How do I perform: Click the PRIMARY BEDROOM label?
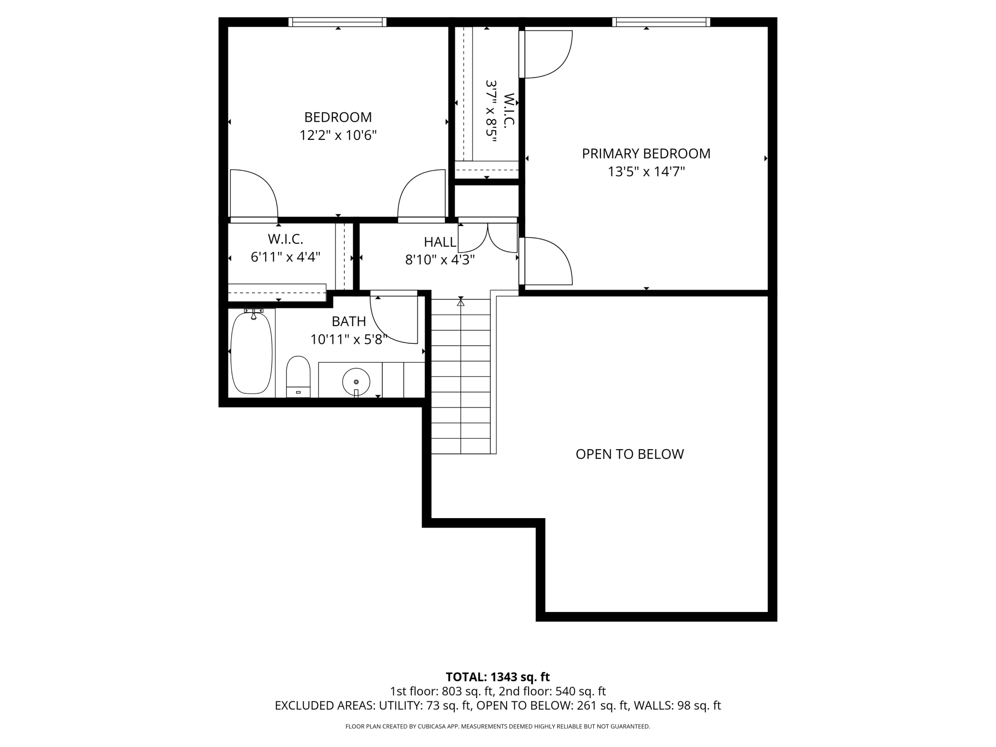[646, 154]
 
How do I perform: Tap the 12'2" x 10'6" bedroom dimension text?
[338, 136]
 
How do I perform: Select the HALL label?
[440, 242]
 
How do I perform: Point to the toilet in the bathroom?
[298, 376]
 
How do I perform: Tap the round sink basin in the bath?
[356, 382]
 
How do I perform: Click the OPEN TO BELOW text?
[630, 454]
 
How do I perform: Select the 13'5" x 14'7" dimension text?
[646, 171]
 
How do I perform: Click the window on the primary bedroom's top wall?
[661, 22]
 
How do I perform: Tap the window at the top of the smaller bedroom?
[338, 22]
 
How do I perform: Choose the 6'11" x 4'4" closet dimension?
[285, 257]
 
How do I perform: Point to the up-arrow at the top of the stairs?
[461, 302]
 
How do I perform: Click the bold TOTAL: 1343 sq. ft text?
[498, 677]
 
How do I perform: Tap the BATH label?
[349, 321]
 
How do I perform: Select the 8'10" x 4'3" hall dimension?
[440, 260]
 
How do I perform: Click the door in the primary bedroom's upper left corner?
[546, 54]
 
